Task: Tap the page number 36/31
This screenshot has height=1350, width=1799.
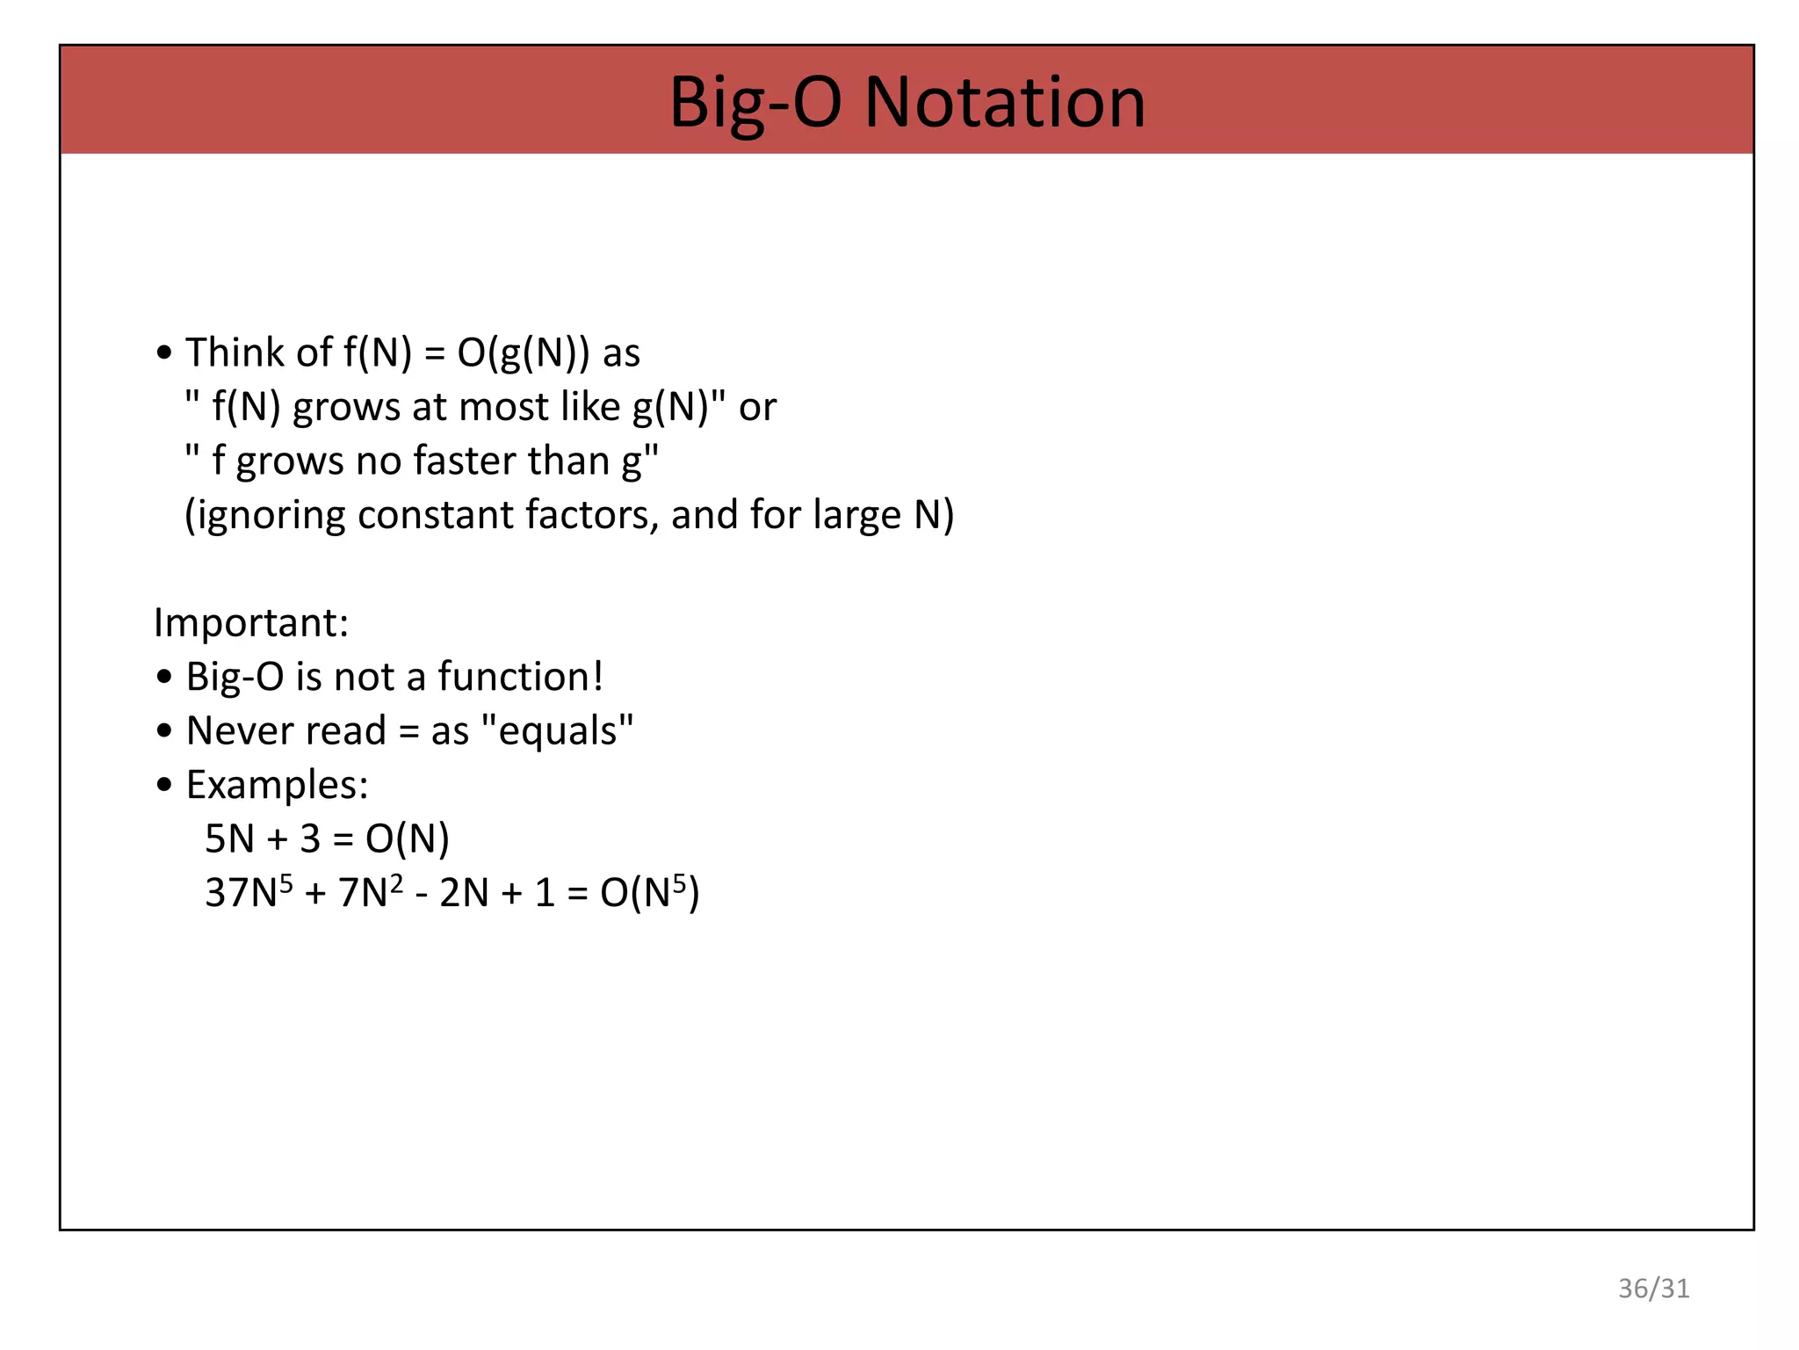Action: pos(1653,1288)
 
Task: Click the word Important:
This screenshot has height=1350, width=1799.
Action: pos(251,622)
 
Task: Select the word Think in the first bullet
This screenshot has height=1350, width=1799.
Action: pos(235,352)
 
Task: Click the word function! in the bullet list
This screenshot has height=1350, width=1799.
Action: pos(521,677)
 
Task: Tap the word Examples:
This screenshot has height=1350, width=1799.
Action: pos(277,785)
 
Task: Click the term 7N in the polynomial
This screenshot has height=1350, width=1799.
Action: pos(364,893)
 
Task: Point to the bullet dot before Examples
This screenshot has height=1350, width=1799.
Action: pos(164,786)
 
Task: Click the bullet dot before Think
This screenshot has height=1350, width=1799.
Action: pos(164,353)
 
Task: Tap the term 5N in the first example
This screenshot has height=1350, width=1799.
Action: pos(228,839)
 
